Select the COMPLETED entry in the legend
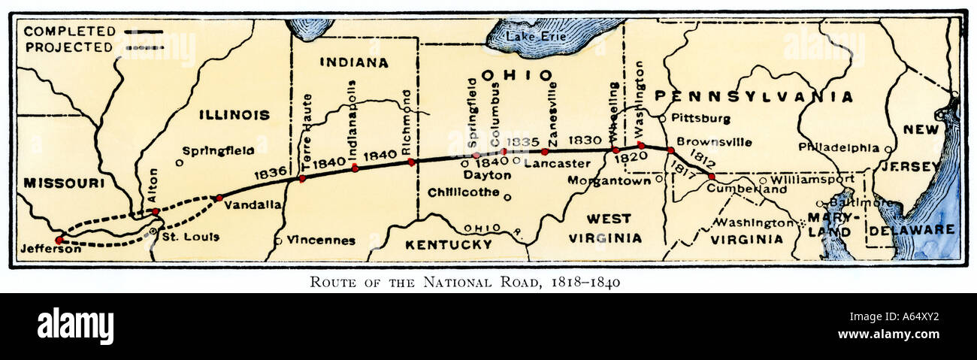[x=70, y=32]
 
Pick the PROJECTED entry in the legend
[x=69, y=47]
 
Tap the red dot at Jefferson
[x=59, y=240]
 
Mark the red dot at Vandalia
[x=219, y=198]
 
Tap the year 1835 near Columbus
[x=523, y=142]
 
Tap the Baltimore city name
[x=851, y=202]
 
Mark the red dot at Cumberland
[x=711, y=177]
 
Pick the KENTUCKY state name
[x=448, y=244]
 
